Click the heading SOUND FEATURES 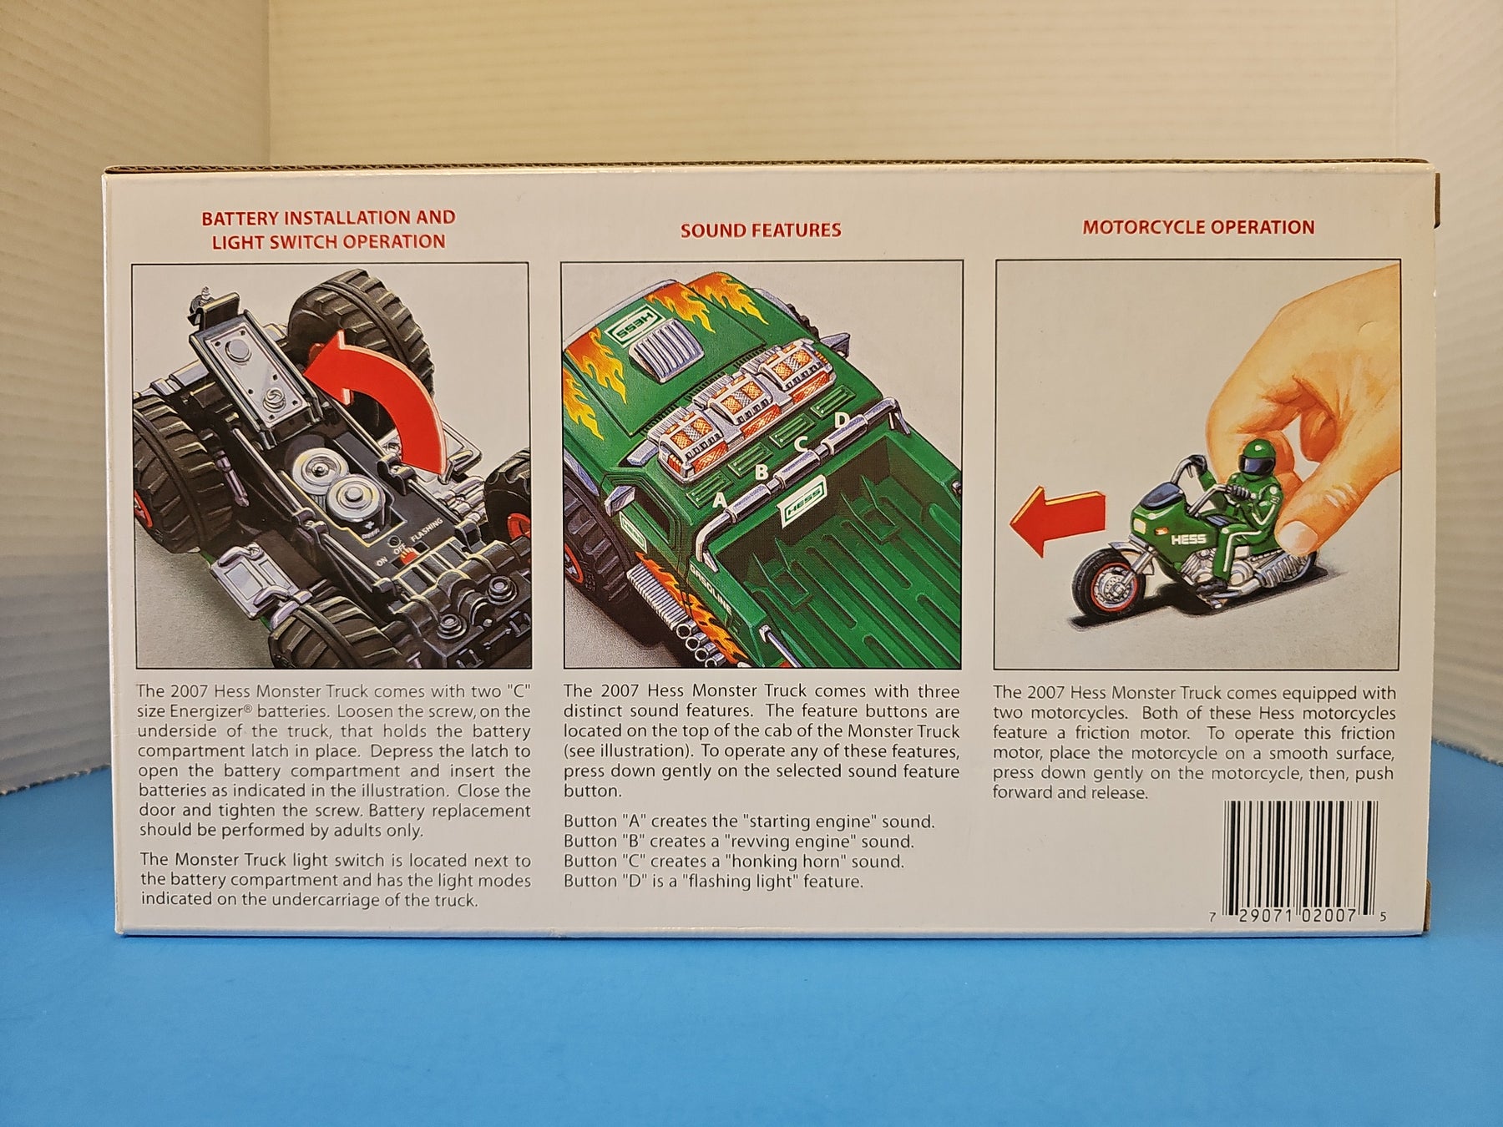(x=761, y=230)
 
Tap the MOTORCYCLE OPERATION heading (x=1198, y=227)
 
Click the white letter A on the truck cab (x=718, y=501)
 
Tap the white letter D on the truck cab (x=841, y=418)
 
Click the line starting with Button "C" (x=734, y=861)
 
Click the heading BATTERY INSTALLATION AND (x=328, y=218)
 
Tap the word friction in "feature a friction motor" (x=1091, y=733)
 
